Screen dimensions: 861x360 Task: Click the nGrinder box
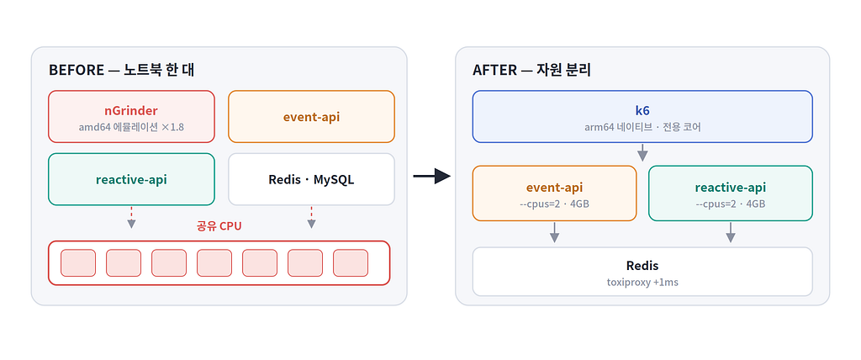[131, 117]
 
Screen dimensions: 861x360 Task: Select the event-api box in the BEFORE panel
[311, 117]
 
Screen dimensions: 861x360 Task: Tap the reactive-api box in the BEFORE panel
[131, 179]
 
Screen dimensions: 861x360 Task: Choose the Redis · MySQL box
[311, 179]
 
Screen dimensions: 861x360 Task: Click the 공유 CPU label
[219, 226]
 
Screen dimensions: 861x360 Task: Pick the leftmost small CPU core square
[78, 262]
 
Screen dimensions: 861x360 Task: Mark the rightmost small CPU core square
[351, 262]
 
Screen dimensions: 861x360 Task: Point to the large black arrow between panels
[431, 176]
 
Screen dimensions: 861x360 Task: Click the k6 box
[642, 117]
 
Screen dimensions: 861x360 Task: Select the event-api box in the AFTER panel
[555, 193]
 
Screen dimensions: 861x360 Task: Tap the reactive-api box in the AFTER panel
[731, 193]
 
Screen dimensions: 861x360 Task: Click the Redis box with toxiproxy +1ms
[642, 272]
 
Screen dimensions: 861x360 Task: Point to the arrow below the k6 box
[642, 152]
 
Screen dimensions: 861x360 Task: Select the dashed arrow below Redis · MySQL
[311, 217]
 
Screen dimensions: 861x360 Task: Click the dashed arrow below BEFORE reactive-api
[131, 217]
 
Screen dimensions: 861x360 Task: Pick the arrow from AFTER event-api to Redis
[555, 232]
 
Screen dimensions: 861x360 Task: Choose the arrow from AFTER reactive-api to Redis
[731, 232]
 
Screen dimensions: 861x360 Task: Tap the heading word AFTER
[494, 71]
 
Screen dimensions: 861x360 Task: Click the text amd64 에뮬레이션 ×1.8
[131, 127]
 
